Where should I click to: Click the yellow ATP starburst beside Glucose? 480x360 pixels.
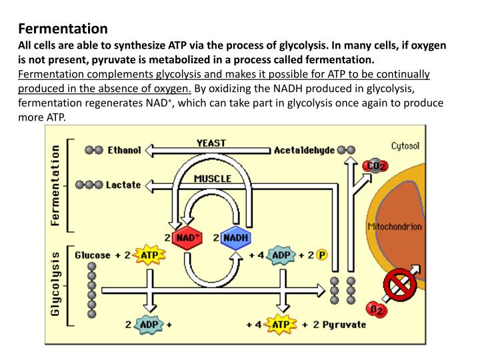(x=149, y=255)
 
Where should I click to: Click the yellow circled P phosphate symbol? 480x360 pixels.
(x=321, y=255)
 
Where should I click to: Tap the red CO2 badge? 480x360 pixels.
(x=375, y=165)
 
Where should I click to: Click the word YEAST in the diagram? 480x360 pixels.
(x=211, y=143)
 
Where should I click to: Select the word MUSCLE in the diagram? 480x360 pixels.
(x=212, y=178)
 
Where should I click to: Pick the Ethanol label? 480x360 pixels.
(x=124, y=151)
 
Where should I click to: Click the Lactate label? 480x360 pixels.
(x=123, y=185)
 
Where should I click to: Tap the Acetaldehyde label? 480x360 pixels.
(x=304, y=151)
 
